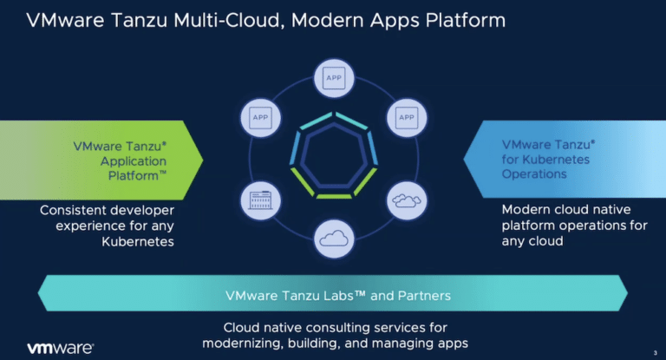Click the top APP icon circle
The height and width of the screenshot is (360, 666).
[x=334, y=78]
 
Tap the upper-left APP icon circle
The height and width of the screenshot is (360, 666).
[x=260, y=118]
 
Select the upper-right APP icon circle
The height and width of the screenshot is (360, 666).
[x=407, y=118]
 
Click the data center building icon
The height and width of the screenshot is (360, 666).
[x=260, y=200]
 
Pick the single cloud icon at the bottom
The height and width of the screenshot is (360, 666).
[x=334, y=239]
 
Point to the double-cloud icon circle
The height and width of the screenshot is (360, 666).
[x=407, y=200]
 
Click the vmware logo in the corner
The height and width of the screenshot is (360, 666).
[x=61, y=348]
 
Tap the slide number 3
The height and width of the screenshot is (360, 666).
[x=655, y=353]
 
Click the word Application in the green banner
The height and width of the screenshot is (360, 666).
[x=134, y=161]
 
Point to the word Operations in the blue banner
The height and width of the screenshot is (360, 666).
[x=534, y=173]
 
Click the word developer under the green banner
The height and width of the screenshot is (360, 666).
[x=140, y=211]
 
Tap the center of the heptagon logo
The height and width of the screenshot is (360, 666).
[x=334, y=154]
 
